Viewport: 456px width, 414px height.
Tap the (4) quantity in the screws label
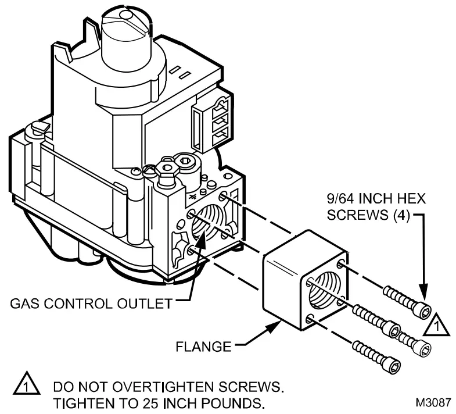(x=400, y=215)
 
